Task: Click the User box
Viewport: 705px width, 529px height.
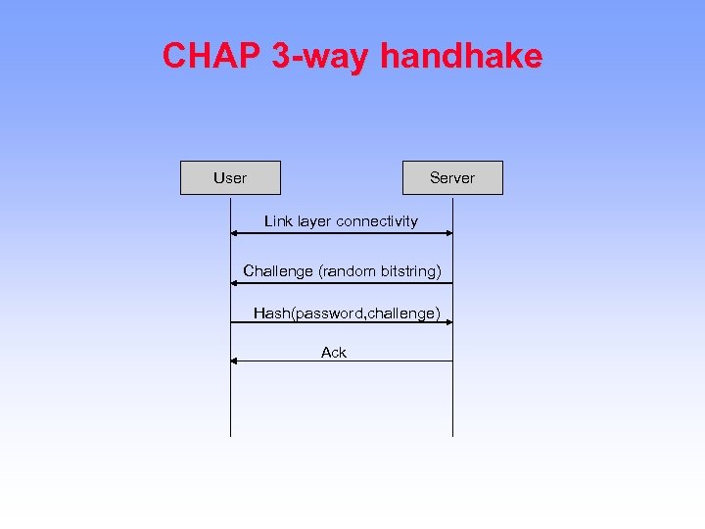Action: [x=230, y=178]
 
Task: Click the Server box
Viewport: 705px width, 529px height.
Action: [x=452, y=178]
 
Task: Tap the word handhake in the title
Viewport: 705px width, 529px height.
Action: [x=461, y=56]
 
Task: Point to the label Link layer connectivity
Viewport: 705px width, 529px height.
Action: [x=341, y=221]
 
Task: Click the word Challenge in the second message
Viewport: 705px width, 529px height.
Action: [x=278, y=270]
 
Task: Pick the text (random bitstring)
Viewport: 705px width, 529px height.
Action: [x=380, y=270]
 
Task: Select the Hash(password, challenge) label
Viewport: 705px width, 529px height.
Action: [x=347, y=313]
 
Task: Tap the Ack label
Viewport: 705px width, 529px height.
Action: [x=334, y=353]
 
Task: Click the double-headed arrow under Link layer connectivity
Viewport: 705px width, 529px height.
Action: [x=341, y=233]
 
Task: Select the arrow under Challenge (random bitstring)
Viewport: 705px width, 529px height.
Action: [x=341, y=283]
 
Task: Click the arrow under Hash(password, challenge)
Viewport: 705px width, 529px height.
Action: [x=341, y=322]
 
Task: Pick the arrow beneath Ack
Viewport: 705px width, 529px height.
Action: [x=341, y=361]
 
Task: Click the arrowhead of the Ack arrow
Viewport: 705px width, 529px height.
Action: [x=234, y=361]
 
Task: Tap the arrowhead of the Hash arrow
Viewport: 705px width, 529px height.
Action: [x=448, y=322]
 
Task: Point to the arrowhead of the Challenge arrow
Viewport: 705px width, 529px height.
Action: [x=234, y=283]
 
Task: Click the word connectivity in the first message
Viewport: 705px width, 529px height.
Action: [x=377, y=221]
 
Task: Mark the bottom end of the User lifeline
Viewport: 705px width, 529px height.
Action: [x=230, y=435]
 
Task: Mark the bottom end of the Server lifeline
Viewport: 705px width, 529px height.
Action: [x=452, y=435]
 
